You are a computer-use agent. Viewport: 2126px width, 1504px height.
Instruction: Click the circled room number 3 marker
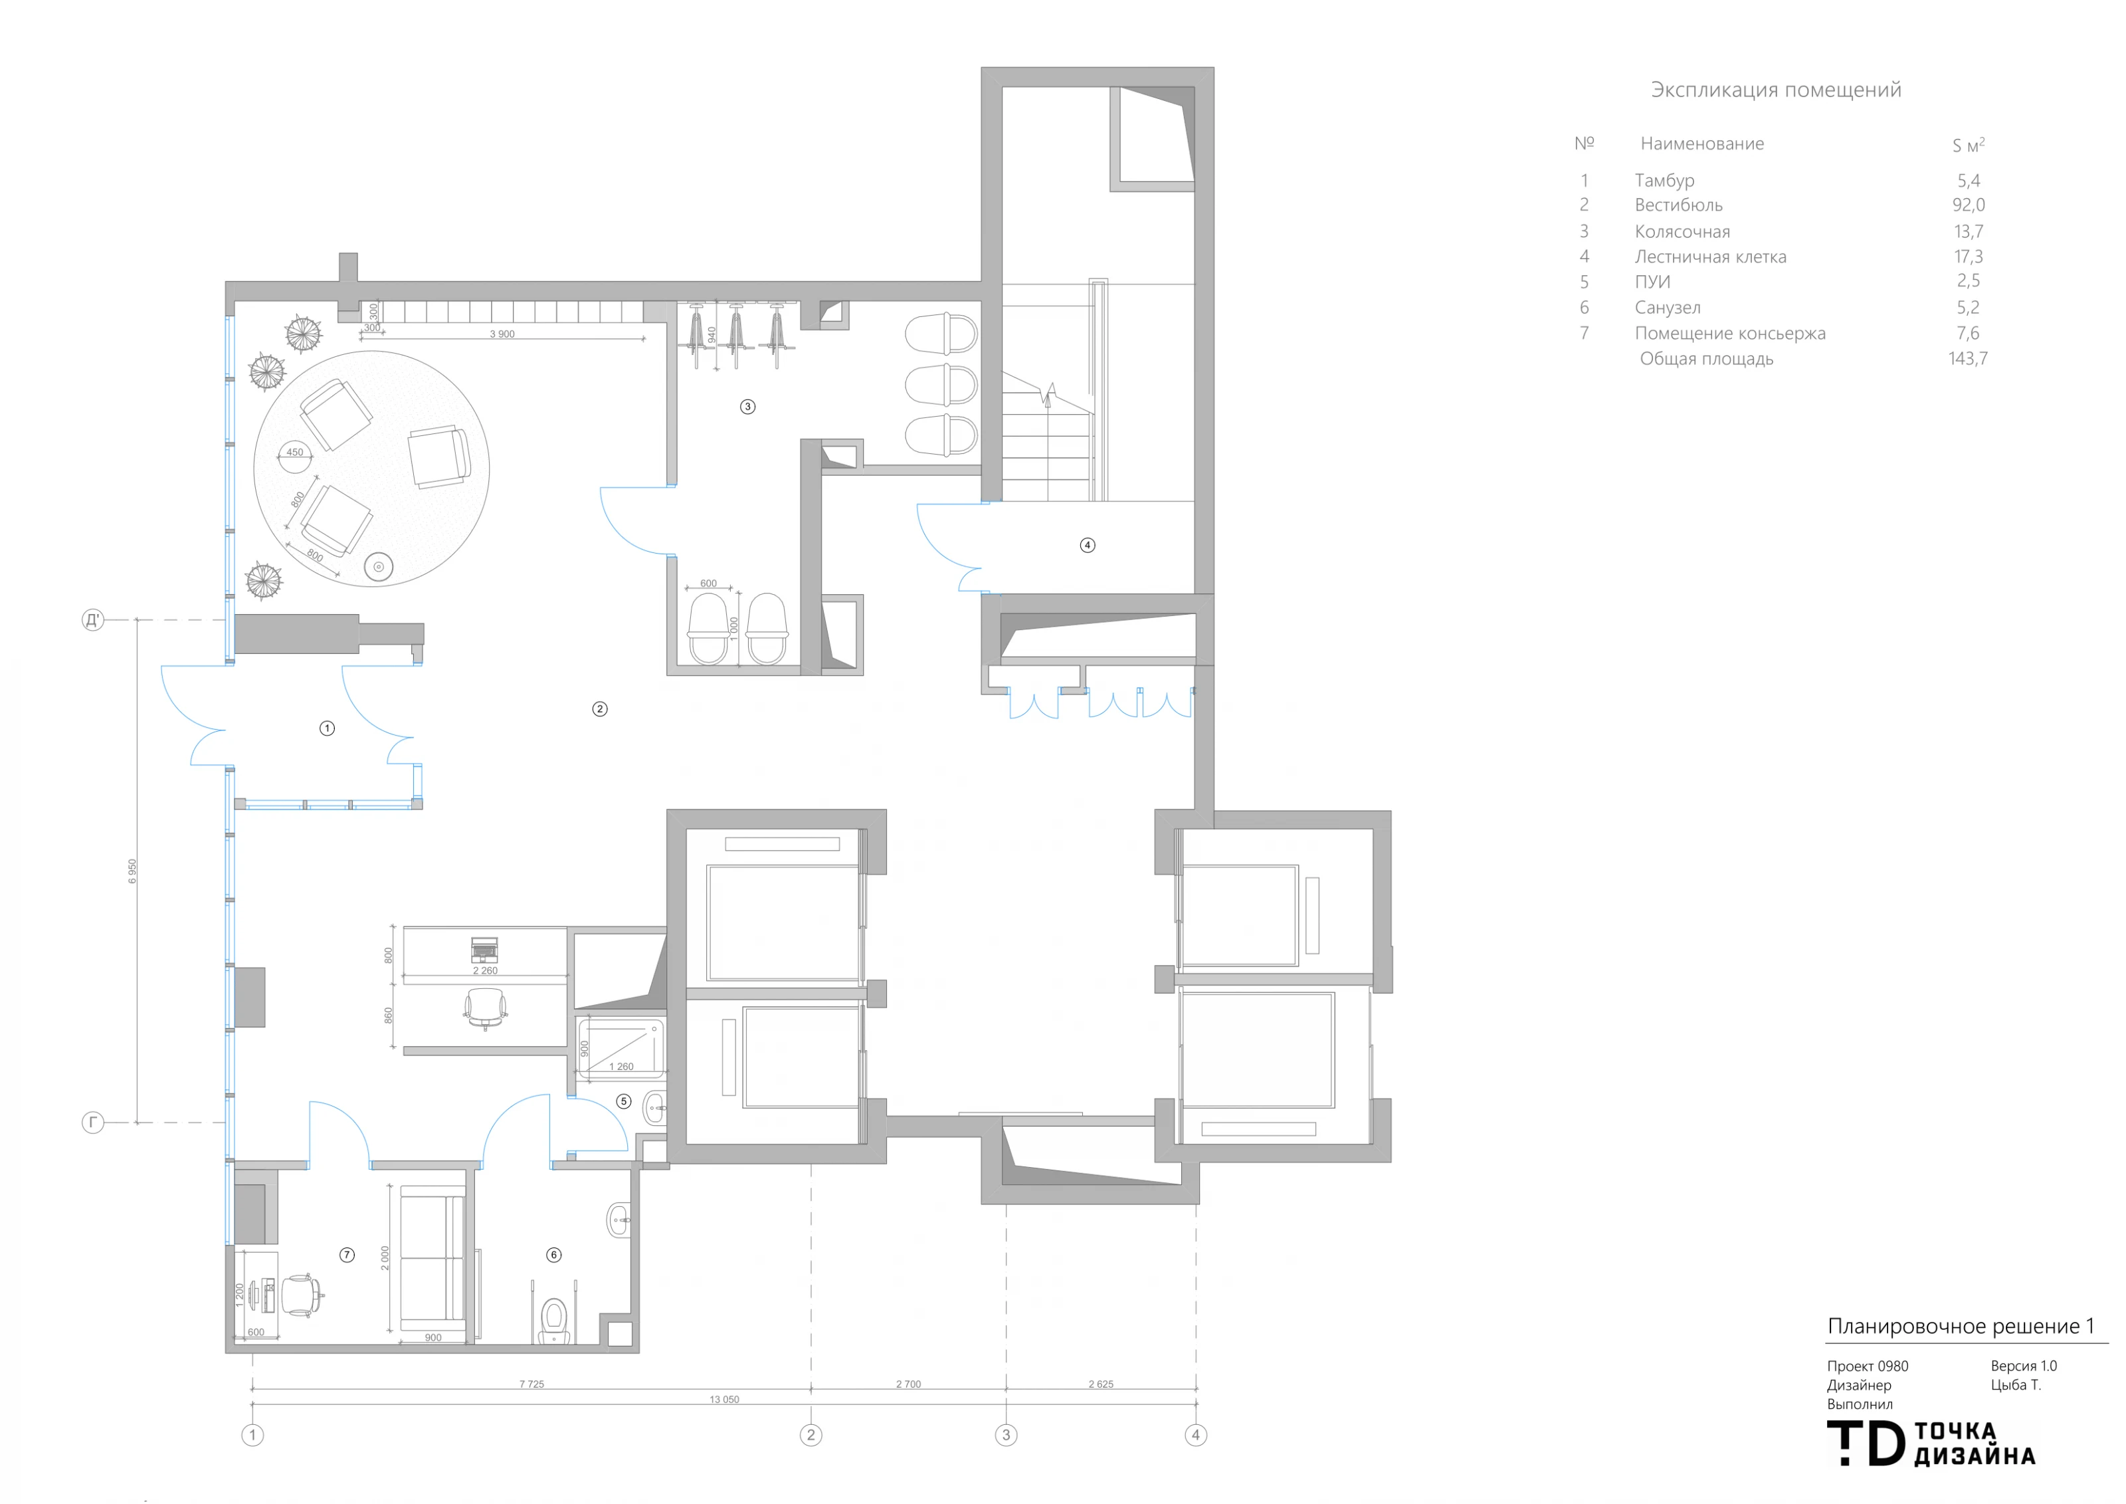(x=747, y=407)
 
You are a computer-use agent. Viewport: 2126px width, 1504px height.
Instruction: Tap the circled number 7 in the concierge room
(x=347, y=1255)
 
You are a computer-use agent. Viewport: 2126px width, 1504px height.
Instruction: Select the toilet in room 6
(x=553, y=1320)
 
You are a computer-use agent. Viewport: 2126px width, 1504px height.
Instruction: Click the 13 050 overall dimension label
(x=724, y=1400)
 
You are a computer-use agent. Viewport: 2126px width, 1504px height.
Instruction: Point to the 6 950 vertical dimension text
(x=132, y=871)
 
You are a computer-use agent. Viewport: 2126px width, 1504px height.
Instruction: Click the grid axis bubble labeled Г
(x=92, y=1123)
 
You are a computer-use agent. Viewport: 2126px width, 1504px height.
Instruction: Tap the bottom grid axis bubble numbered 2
(x=811, y=1436)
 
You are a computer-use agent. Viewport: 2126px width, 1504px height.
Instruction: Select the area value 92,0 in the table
(x=1969, y=205)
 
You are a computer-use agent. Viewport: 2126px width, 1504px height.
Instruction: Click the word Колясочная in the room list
(x=1682, y=231)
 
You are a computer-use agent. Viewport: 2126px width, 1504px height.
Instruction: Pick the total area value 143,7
(x=1968, y=358)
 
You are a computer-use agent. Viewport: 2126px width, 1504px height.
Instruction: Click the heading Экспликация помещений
(x=1776, y=90)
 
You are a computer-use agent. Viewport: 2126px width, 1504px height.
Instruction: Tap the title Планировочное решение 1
(x=1961, y=1326)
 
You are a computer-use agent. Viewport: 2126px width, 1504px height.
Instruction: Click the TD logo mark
(x=1866, y=1444)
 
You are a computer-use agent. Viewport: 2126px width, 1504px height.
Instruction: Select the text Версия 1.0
(x=2023, y=1366)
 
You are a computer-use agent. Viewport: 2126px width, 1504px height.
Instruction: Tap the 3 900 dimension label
(x=502, y=334)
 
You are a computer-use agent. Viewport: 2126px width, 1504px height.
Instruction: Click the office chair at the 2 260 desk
(x=485, y=1008)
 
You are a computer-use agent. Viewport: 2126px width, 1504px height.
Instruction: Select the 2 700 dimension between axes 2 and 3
(x=908, y=1384)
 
